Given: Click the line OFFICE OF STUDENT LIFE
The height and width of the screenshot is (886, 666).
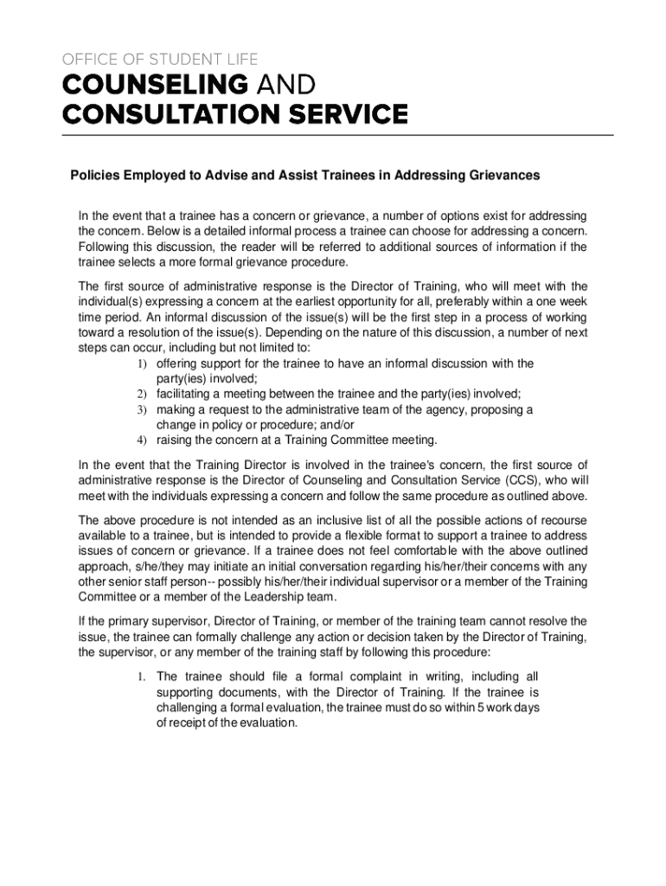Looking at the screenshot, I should (x=159, y=59).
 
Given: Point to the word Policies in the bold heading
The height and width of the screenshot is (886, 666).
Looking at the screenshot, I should (x=93, y=175).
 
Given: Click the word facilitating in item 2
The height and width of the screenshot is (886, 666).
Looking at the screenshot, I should (x=186, y=394).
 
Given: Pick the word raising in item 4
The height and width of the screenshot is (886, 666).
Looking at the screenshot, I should (x=176, y=440).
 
